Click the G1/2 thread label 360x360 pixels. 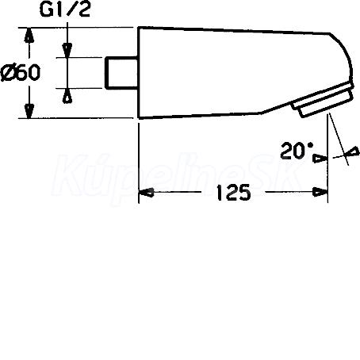pos(65,10)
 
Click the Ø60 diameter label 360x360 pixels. pos(21,73)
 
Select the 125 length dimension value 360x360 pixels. pos(233,193)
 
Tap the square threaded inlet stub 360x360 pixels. pos(121,73)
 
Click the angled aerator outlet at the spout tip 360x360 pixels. pos(323,99)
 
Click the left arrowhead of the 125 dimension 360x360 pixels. pos(146,193)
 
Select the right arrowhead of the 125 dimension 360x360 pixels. pos(320,192)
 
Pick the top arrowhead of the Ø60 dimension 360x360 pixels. pos(29,35)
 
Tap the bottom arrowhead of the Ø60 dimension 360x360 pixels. pos(29,111)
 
